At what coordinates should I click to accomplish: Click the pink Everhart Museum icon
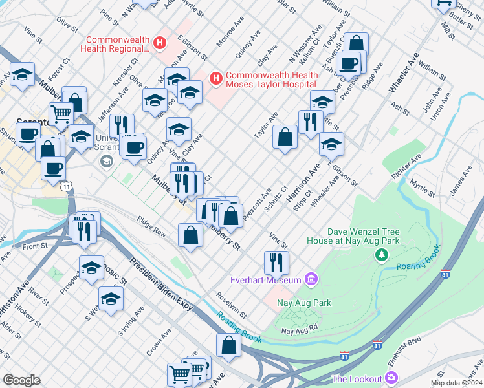point(311,279)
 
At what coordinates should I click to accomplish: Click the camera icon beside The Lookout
point(391,378)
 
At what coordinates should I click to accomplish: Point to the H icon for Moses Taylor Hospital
point(216,80)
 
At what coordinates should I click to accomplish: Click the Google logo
point(21,380)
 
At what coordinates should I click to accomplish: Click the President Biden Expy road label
point(161,284)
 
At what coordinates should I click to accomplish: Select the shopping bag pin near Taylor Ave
point(285,137)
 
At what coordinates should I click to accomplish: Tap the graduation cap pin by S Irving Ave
point(111,298)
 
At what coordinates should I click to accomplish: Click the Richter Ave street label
point(407,166)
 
